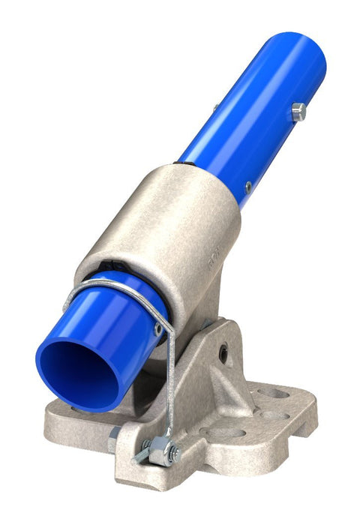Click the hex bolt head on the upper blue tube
[298, 112]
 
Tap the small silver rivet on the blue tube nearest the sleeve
[247, 186]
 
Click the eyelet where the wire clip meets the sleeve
[159, 328]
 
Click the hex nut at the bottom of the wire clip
[161, 450]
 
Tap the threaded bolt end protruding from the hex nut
[141, 455]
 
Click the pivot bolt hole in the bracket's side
[223, 350]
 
